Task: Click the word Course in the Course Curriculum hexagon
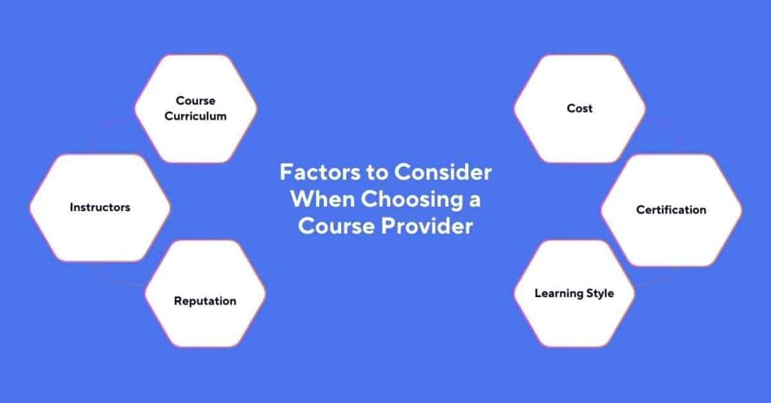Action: click(x=196, y=100)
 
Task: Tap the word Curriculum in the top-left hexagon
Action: click(x=196, y=117)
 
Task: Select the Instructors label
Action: click(x=100, y=208)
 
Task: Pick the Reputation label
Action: click(x=205, y=301)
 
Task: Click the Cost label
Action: click(x=580, y=108)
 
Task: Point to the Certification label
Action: click(x=671, y=210)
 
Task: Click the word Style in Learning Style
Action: click(x=599, y=293)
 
